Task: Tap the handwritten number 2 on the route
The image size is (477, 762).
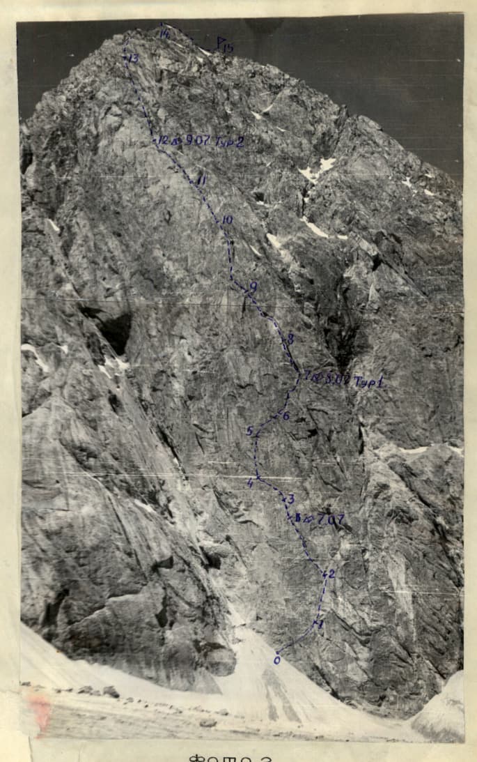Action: point(331,574)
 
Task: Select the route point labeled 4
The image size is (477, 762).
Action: point(251,482)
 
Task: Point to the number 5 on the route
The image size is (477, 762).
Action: point(250,432)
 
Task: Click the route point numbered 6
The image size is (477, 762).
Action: point(285,416)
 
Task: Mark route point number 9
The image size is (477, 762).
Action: point(253,286)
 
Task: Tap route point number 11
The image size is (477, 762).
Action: point(201,181)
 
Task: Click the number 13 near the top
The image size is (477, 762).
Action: point(132,59)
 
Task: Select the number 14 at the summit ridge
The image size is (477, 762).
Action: point(164,33)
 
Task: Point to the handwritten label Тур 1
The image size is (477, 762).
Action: point(369,381)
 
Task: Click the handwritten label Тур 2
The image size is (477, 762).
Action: point(229,142)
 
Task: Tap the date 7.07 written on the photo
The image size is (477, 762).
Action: point(330,519)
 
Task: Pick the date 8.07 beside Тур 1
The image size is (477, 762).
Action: point(336,381)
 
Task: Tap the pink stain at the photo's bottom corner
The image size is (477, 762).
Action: point(39,711)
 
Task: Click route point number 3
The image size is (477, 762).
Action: point(290,498)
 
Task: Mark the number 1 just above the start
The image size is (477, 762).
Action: point(320,625)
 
